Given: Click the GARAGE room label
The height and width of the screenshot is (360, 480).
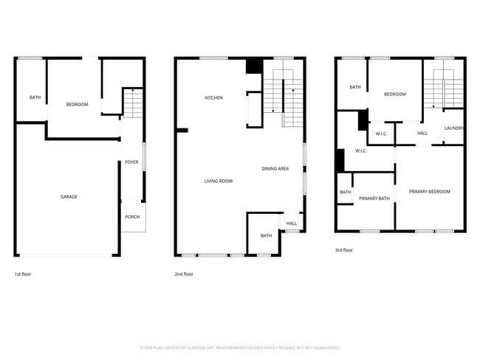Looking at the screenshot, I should pyautogui.click(x=69, y=197).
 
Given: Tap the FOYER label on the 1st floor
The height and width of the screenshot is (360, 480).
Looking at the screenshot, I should pyautogui.click(x=131, y=162).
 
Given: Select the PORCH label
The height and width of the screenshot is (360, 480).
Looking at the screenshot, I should pyautogui.click(x=132, y=217).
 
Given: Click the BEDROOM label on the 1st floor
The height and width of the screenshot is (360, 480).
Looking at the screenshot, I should pyautogui.click(x=77, y=105).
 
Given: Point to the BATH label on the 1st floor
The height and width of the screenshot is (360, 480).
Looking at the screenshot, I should pyautogui.click(x=35, y=97).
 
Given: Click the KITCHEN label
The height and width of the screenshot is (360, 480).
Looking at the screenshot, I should pyautogui.click(x=213, y=97).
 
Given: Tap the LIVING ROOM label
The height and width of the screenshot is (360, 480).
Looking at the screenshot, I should pyautogui.click(x=219, y=181).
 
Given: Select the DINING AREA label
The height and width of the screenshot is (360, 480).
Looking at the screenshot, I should pyautogui.click(x=275, y=169).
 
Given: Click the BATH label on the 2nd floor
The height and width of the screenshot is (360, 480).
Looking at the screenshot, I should pyautogui.click(x=266, y=235).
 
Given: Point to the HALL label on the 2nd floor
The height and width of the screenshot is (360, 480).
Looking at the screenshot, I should pyautogui.click(x=292, y=224).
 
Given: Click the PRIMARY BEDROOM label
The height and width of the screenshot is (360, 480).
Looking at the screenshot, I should pyautogui.click(x=429, y=192).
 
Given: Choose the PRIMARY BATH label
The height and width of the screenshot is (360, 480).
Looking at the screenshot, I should pyautogui.click(x=374, y=198).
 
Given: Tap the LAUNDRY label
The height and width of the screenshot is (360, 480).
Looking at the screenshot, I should pyautogui.click(x=453, y=128).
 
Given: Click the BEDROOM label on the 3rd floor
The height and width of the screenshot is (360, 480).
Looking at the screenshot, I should pyautogui.click(x=394, y=94).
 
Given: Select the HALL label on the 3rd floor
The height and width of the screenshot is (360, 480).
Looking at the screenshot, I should pyautogui.click(x=422, y=134).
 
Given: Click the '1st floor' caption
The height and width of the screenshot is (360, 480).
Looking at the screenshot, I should pyautogui.click(x=23, y=274).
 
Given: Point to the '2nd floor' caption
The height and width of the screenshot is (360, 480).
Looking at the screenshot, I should pyautogui.click(x=184, y=274).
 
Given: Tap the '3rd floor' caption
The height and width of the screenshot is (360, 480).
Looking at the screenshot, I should pyautogui.click(x=344, y=250).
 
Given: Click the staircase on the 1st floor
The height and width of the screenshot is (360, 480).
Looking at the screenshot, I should pyautogui.click(x=131, y=103).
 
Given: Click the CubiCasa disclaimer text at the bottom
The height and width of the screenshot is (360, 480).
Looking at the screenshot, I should pyautogui.click(x=239, y=347).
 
